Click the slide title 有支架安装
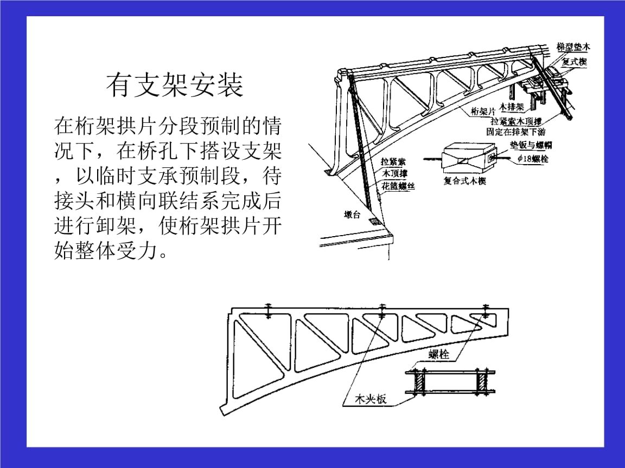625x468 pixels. [x=174, y=86]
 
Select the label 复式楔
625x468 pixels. [x=575, y=62]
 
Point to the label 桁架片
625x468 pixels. [x=484, y=112]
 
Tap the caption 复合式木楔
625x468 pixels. [x=465, y=180]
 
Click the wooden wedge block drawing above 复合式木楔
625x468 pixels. [x=465, y=157]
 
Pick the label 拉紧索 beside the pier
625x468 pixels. [x=393, y=161]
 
